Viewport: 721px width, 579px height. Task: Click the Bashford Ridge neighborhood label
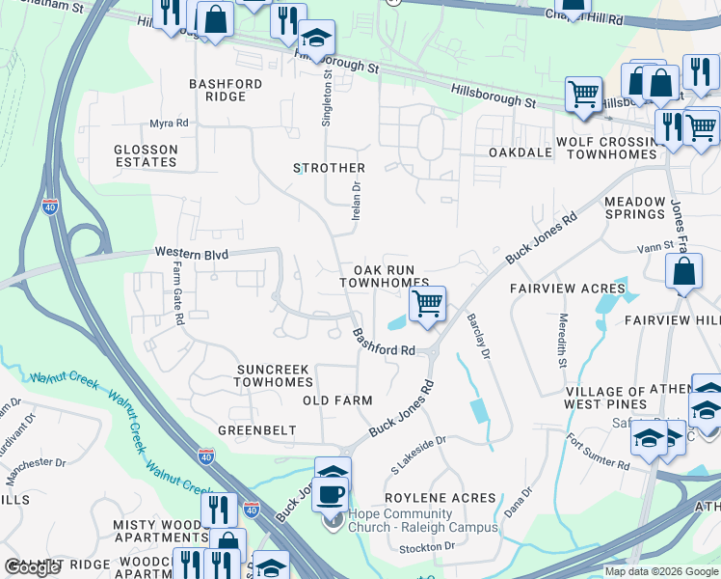pyautogui.click(x=226, y=90)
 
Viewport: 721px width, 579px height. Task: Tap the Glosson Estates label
pyautogui.click(x=146, y=156)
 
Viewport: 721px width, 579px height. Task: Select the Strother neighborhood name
pyautogui.click(x=329, y=168)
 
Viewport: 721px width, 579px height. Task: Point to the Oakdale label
pyautogui.click(x=520, y=152)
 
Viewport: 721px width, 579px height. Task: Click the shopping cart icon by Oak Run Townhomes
pyautogui.click(x=426, y=304)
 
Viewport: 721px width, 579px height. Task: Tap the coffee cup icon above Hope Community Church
pyautogui.click(x=331, y=494)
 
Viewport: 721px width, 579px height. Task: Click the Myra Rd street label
pyautogui.click(x=168, y=124)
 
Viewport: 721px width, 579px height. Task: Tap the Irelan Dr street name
pyautogui.click(x=355, y=200)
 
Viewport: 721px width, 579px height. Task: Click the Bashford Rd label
pyautogui.click(x=383, y=343)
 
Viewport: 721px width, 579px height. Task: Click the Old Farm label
pyautogui.click(x=336, y=400)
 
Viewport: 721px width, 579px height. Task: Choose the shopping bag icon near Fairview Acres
pyautogui.click(x=683, y=273)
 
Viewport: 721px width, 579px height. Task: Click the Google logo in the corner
pyautogui.click(x=32, y=567)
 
